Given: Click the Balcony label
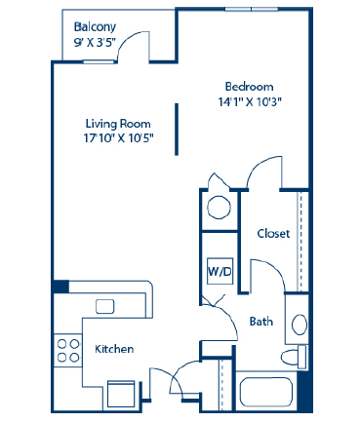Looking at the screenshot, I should point(95,28).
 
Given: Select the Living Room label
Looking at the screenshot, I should point(116,123).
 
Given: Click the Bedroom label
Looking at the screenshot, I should point(248,86).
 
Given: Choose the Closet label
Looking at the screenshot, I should point(272,234).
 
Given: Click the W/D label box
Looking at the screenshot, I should point(219,270).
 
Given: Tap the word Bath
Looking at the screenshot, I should point(260,321).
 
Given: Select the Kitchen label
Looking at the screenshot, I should point(114,348).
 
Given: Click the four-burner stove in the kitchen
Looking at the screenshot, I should point(67,350).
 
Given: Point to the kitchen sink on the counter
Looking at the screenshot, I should point(104,306).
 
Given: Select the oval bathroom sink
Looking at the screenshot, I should point(300,325).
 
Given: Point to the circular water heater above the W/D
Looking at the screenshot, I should point(219,208).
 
